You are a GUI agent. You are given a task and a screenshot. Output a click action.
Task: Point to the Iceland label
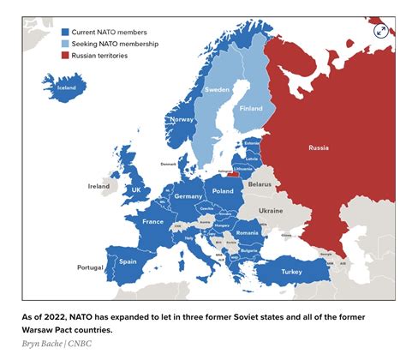pyautogui.click(x=66, y=87)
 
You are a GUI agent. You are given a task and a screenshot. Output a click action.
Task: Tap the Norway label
pyautogui.click(x=182, y=119)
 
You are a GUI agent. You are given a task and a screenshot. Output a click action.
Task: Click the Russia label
pyautogui.click(x=318, y=148)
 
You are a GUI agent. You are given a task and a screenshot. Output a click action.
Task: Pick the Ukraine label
pyautogui.click(x=271, y=210)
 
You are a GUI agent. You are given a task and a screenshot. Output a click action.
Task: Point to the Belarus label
pyautogui.click(x=260, y=183)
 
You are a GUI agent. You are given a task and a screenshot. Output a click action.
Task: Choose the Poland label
pyautogui.click(x=223, y=191)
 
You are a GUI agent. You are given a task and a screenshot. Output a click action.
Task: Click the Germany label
pyautogui.click(x=188, y=196)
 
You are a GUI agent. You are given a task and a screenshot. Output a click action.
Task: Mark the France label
pyautogui.click(x=152, y=221)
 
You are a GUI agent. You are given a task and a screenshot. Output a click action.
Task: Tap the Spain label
pyautogui.click(x=128, y=261)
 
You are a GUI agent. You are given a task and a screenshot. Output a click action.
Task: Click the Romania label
pyautogui.click(x=247, y=232)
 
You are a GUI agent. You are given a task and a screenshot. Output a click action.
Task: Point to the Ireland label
pyautogui.click(x=99, y=185)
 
